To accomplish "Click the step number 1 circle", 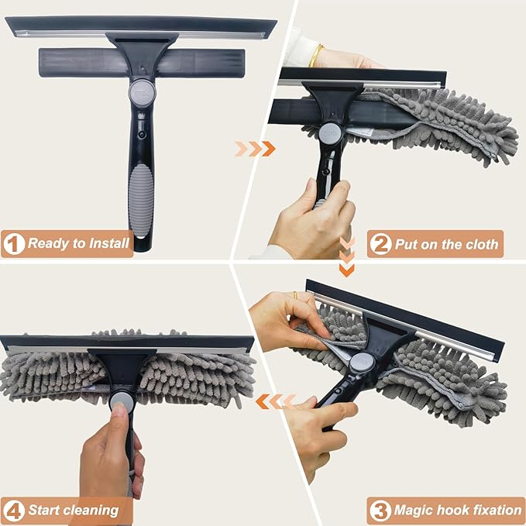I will pyautogui.click(x=13, y=244).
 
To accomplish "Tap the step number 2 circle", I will pyautogui.click(x=380, y=244).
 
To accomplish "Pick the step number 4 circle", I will pyautogui.click(x=13, y=510).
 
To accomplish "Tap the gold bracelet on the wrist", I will pyautogui.click(x=316, y=55).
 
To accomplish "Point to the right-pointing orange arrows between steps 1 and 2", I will pyautogui.click(x=255, y=148).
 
